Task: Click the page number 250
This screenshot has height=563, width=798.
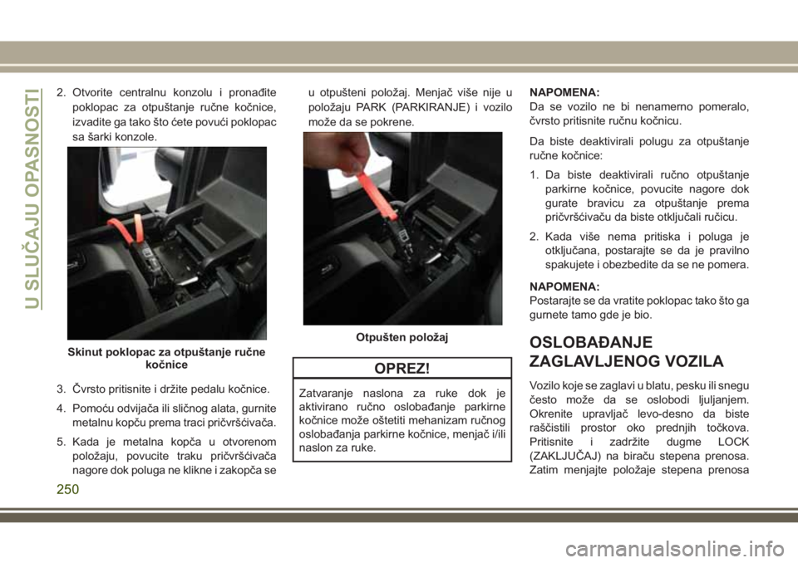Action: click(67, 489)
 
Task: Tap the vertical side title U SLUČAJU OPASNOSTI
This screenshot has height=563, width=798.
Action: click(32, 198)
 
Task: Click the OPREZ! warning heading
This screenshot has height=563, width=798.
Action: click(401, 369)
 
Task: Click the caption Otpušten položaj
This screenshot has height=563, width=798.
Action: click(402, 337)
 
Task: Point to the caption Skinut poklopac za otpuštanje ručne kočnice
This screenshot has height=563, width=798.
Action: click(166, 359)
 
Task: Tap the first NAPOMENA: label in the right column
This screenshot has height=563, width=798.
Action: click(564, 92)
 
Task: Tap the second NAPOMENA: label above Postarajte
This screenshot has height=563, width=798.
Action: click(564, 286)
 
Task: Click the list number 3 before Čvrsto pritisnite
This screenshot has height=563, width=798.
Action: click(61, 389)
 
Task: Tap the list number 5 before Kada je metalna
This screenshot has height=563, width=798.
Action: click(61, 442)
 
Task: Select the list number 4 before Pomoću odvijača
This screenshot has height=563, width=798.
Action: click(61, 409)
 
